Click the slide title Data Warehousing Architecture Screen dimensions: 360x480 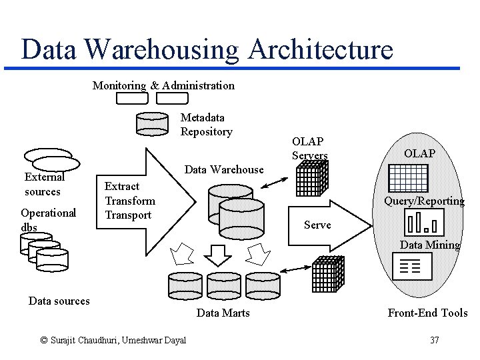pos(207,50)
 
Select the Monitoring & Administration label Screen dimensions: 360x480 pos(163,85)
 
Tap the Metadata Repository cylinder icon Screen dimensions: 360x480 pos(152,123)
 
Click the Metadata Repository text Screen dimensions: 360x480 pos(206,125)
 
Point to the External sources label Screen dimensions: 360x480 pos(43,185)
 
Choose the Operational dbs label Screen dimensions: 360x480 pos(48,219)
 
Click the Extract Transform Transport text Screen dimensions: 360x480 pos(130,201)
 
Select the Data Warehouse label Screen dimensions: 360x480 pos(224,169)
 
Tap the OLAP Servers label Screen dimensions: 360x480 pos(309,149)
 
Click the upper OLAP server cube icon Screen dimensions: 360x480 pos(311,177)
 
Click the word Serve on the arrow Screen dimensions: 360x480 pos(317,225)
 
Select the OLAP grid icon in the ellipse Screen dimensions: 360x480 pos(407,177)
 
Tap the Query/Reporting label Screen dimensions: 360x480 pos(424,201)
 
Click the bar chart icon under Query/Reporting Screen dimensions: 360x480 pos(425,223)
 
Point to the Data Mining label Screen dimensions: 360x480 pos(430,245)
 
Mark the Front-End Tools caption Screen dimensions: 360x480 pos(428,313)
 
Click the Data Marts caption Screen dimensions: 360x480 pos(223,313)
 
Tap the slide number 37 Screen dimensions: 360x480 pos(435,341)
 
